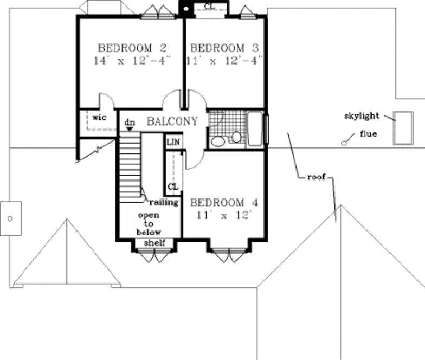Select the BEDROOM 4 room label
click(224, 203)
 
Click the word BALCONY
click(172, 121)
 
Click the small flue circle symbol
click(344, 143)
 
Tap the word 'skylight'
click(361, 116)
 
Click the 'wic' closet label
click(98, 117)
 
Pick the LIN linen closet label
click(173, 142)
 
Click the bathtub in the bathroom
click(255, 129)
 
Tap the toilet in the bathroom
click(236, 136)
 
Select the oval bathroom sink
click(218, 142)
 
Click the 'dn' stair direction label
click(129, 123)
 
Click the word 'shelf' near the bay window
click(154, 242)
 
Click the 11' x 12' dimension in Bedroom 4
click(224, 215)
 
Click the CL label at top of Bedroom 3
click(208, 7)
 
